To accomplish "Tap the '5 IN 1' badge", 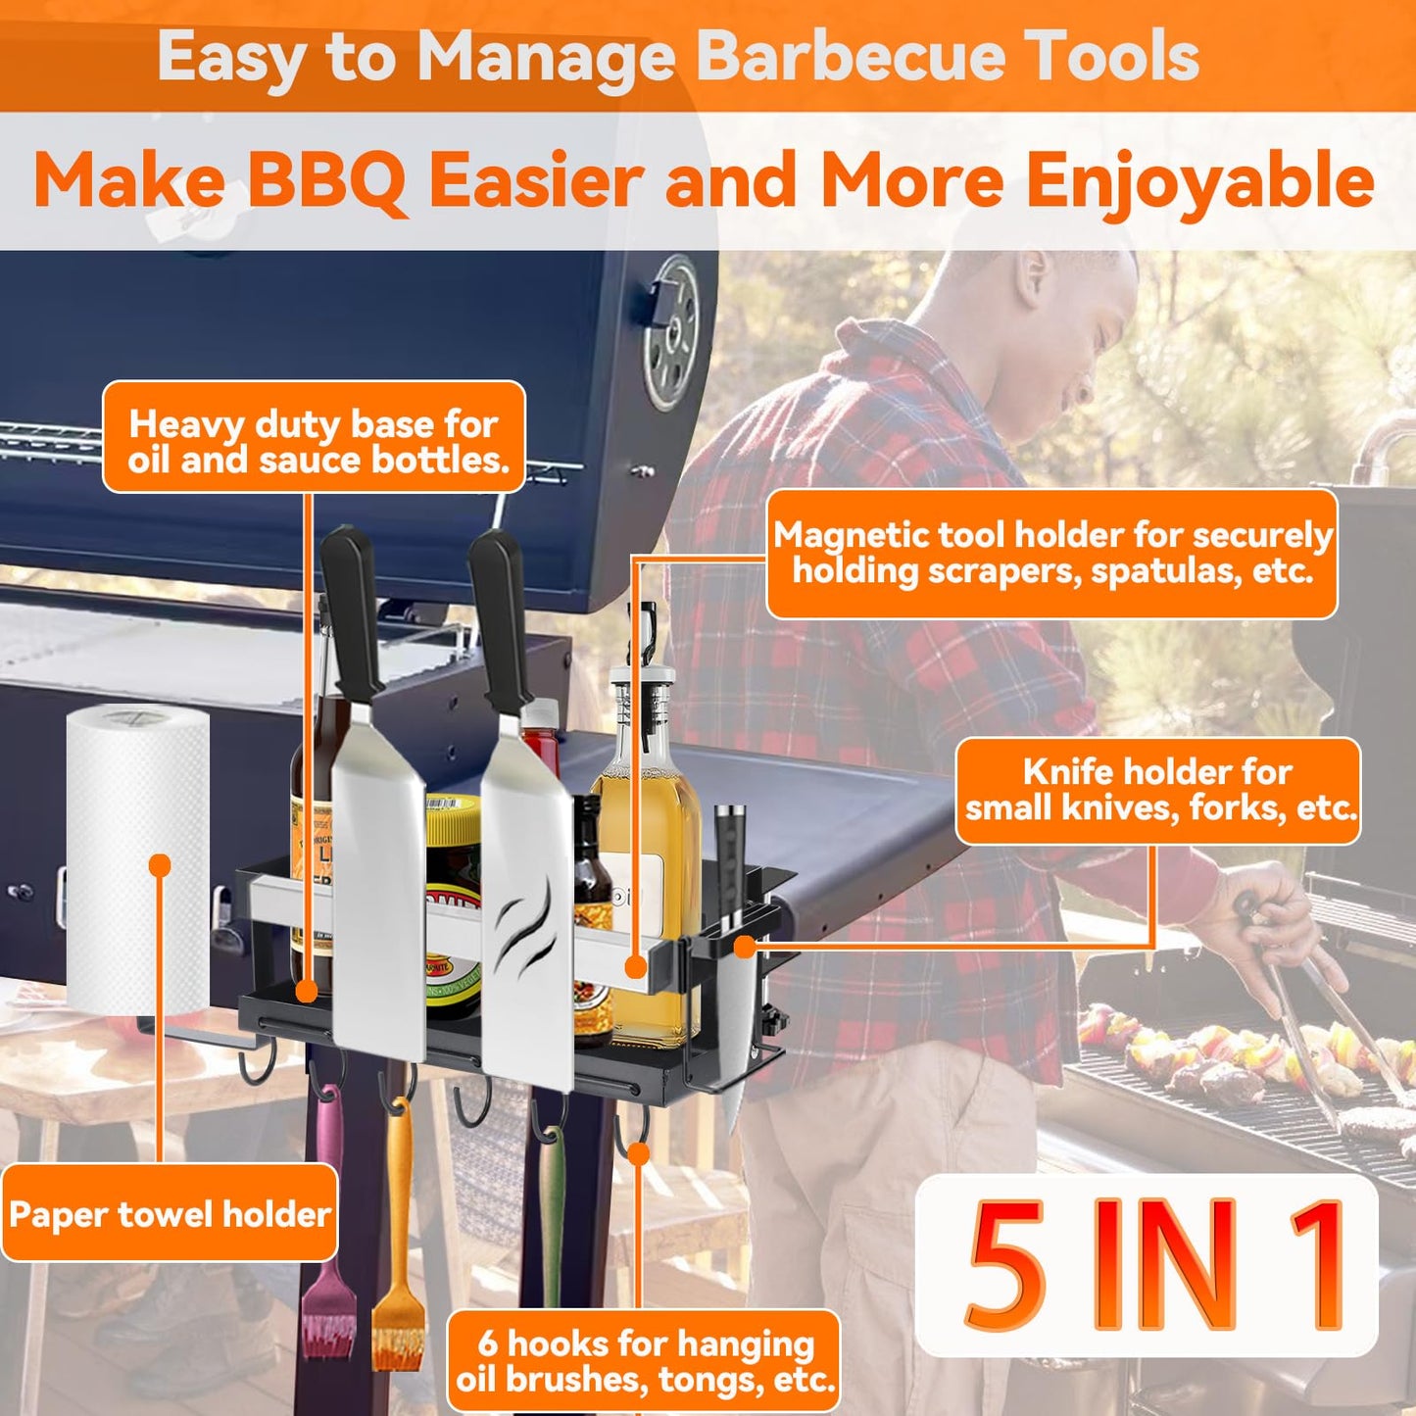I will point(1147,1265).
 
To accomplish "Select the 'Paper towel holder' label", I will point(170,1214).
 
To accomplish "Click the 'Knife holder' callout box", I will point(1158,790).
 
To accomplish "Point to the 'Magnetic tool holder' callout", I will point(1051,554).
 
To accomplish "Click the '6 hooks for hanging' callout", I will point(644,1361).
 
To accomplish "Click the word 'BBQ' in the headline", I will point(326,180).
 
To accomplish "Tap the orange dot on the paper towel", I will point(160,865).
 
